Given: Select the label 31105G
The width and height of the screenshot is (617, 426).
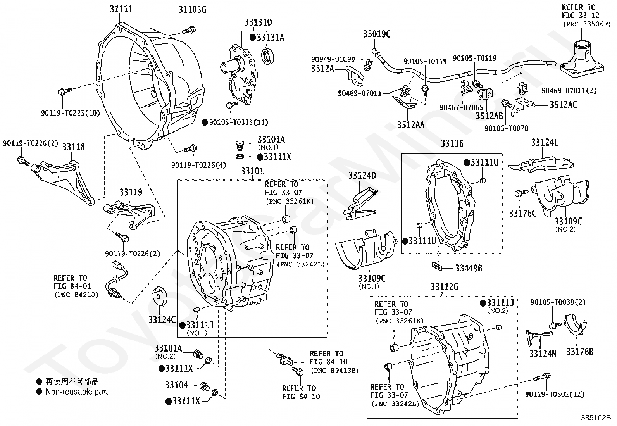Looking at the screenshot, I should pyautogui.click(x=192, y=9).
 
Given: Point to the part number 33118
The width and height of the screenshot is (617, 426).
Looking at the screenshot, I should pyautogui.click(x=73, y=147).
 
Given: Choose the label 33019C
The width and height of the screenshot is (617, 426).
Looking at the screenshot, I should pyautogui.click(x=377, y=34).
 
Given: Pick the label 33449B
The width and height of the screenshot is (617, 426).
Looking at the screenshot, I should pyautogui.click(x=469, y=268).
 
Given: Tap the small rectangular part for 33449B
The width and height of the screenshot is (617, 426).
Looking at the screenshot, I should pyautogui.click(x=438, y=266).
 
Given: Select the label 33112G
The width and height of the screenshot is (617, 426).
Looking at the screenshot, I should pyautogui.click(x=444, y=287).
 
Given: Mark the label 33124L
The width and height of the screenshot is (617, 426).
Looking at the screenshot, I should pyautogui.click(x=545, y=142).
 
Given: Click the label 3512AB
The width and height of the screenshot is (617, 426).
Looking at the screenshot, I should pyautogui.click(x=489, y=116).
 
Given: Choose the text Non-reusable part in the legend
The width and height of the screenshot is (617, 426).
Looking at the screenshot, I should pyautogui.click(x=77, y=392).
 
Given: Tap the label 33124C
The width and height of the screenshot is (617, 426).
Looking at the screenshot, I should pyautogui.click(x=162, y=320).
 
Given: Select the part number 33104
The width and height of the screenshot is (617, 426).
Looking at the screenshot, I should pyautogui.click(x=176, y=385).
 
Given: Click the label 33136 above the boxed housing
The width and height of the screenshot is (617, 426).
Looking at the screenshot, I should pyautogui.click(x=452, y=144).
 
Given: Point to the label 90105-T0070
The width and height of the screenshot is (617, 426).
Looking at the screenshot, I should pyautogui.click(x=506, y=128).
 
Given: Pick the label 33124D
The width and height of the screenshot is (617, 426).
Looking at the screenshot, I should pyautogui.click(x=362, y=176).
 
